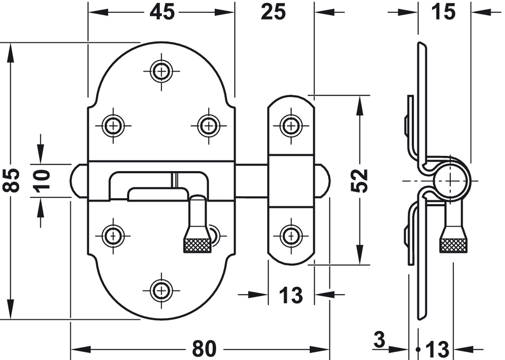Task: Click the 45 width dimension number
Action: point(162,12)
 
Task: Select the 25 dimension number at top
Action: point(273,12)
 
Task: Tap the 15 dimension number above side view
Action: point(443,12)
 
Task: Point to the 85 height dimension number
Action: point(12,180)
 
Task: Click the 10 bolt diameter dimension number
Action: point(41,180)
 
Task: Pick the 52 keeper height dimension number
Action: point(360,180)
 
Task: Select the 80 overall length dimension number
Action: point(204,349)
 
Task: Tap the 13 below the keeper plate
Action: point(291,295)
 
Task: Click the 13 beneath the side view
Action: point(437,349)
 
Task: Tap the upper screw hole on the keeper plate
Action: point(291,125)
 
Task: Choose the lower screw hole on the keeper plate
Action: point(291,236)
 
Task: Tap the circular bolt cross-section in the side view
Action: point(452,180)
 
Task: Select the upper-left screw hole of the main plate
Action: point(113,125)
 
